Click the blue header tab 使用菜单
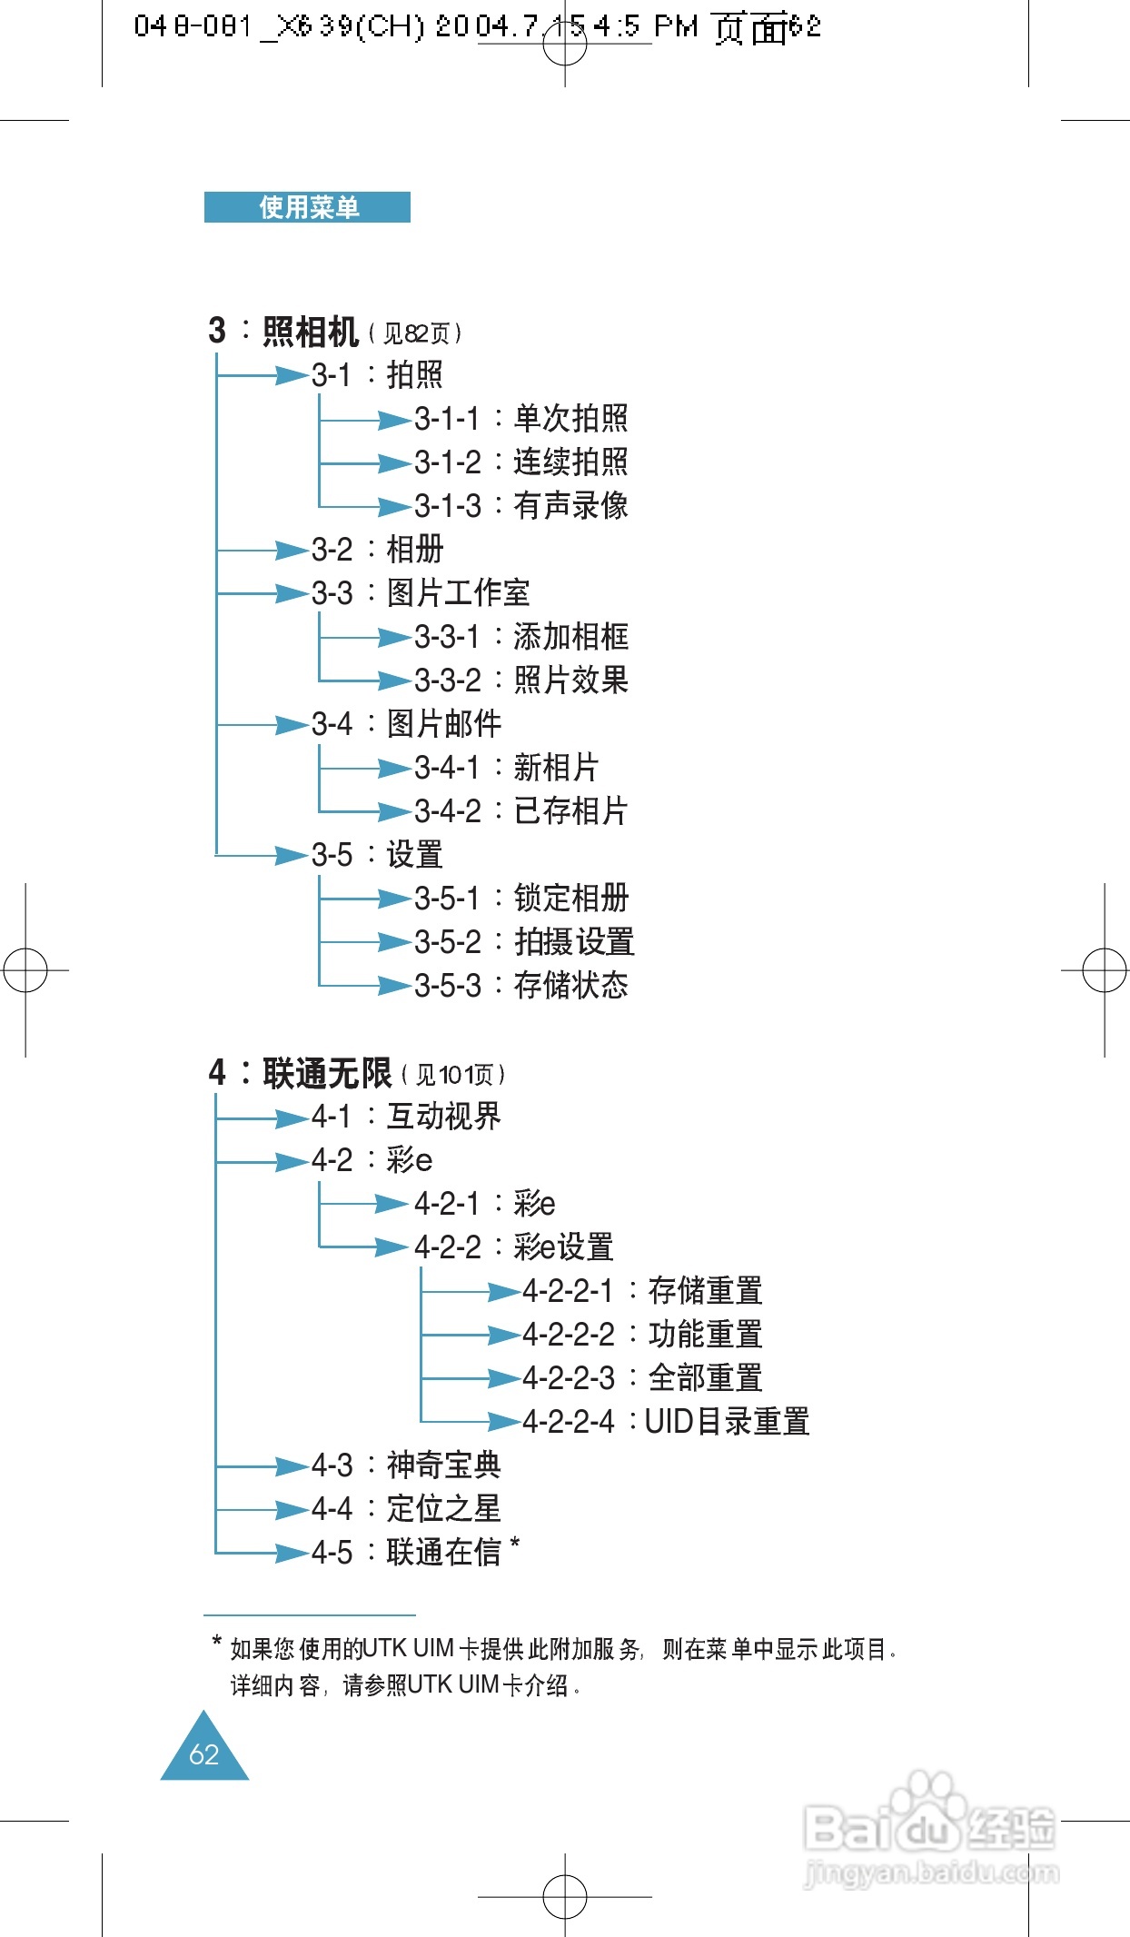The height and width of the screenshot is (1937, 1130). pos(307,207)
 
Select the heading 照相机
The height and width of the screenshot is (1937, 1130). pos(310,333)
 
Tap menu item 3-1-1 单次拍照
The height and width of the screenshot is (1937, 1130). pos(520,419)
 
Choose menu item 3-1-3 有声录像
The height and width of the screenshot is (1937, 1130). pos(520,506)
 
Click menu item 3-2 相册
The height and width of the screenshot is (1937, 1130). pos(377,550)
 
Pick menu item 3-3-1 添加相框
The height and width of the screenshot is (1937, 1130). pos(520,637)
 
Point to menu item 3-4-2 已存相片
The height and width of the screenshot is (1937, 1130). pos(520,811)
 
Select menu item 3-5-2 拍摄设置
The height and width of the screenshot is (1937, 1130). pos(524,942)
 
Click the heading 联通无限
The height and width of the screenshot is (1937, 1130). pos(326,1074)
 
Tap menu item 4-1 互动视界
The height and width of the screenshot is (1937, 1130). pos(405,1117)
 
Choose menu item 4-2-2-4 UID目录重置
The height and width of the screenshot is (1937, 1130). pos(665,1422)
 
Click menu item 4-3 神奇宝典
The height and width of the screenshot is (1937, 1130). pos(405,1465)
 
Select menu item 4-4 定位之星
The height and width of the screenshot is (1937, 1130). pos(405,1509)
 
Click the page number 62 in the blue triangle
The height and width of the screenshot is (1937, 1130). pos(204,1754)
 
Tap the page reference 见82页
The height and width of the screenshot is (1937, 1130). pos(416,334)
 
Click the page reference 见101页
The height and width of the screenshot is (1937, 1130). pos(454,1076)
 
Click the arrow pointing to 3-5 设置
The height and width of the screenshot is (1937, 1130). pos(292,855)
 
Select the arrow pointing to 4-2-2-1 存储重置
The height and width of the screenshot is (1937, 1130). pos(502,1291)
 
